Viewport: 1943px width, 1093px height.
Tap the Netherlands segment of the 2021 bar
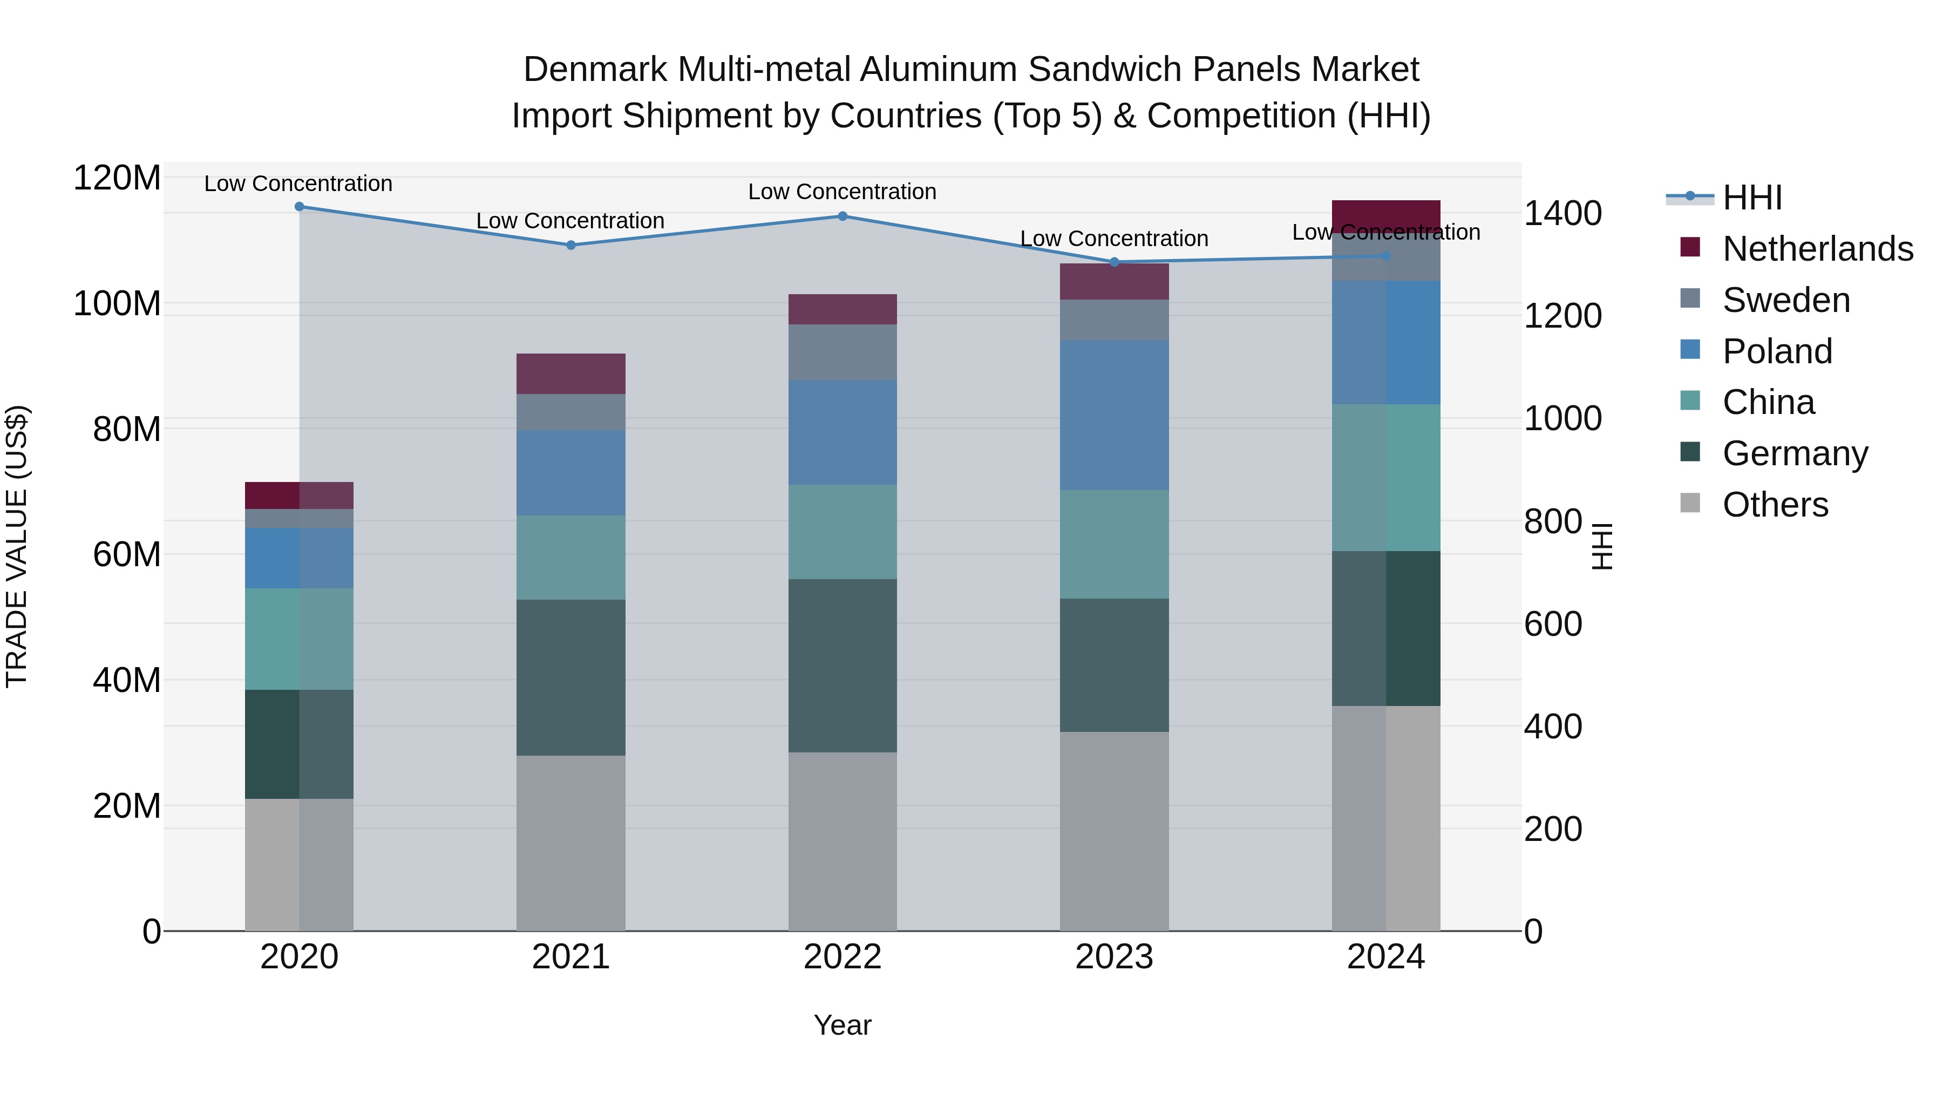570,374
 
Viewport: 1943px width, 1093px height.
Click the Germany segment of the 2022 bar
843,666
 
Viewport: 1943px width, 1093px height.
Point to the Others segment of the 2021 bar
570,843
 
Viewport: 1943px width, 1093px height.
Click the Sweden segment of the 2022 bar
843,352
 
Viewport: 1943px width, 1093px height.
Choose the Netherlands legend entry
1817,249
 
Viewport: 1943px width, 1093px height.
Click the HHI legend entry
1751,198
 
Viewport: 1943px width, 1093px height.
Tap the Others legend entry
1775,504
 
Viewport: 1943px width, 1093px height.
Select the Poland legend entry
1776,351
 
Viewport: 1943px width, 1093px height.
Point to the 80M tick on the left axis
126,429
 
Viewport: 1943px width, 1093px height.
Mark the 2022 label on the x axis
843,957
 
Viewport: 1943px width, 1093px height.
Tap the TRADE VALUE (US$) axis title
17,546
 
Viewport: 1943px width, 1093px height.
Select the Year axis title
843,1025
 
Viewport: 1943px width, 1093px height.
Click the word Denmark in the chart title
595,70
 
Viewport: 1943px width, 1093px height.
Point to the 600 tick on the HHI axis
1552,624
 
